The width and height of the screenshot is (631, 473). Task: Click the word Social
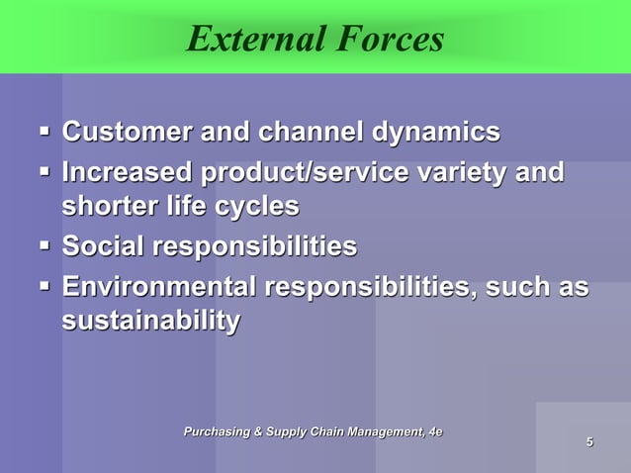coord(102,246)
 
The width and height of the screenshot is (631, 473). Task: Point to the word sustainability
coord(150,322)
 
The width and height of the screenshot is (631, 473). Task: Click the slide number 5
coord(589,441)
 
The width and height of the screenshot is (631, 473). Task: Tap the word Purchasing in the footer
coord(225,430)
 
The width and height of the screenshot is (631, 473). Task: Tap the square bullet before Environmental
coord(45,286)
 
